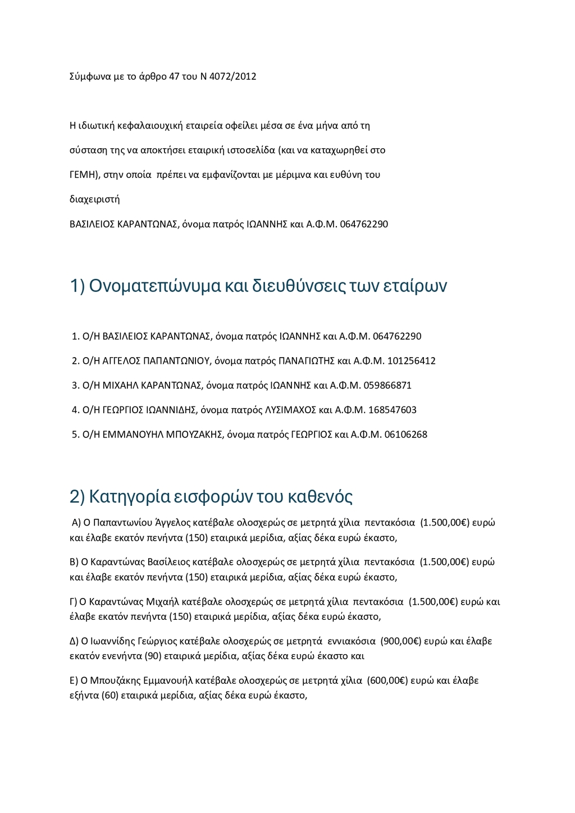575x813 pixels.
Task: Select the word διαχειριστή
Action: tap(94, 199)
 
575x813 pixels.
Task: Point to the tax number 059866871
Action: tap(387, 386)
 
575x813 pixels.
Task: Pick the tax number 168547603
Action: tap(393, 410)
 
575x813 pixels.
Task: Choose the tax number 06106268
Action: tap(405, 435)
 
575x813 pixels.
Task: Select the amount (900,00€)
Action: tap(401, 641)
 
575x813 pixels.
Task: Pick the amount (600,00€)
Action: tap(387, 680)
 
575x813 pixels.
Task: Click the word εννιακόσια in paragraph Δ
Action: tap(351, 641)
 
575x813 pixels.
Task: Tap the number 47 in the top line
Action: tap(174, 76)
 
